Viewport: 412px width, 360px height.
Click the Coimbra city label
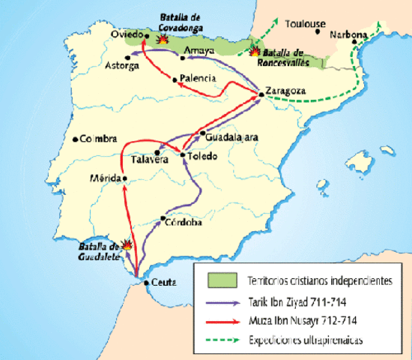(x=98, y=139)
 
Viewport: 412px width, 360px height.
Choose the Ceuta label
(x=163, y=283)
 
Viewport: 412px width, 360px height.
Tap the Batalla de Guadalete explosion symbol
(x=128, y=244)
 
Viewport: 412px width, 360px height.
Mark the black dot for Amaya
(x=181, y=57)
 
